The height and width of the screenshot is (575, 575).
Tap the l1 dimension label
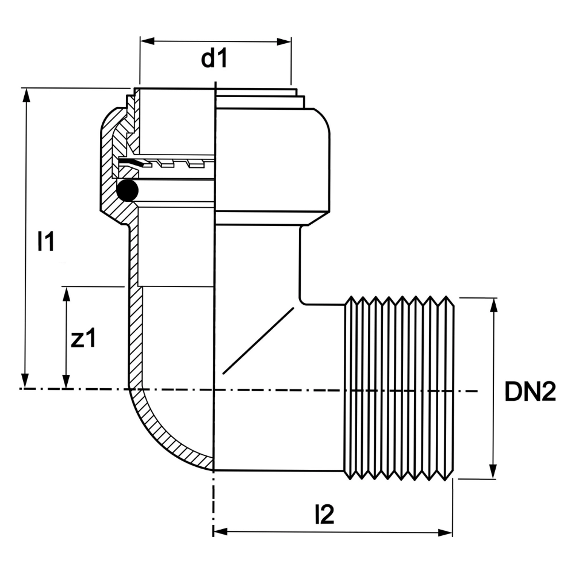[45, 242]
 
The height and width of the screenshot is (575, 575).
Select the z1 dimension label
[84, 339]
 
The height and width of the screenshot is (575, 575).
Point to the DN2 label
[530, 393]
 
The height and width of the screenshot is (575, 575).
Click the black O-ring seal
[126, 190]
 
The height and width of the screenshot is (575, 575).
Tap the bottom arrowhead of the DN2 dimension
[493, 472]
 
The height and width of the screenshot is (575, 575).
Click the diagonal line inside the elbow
[259, 340]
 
